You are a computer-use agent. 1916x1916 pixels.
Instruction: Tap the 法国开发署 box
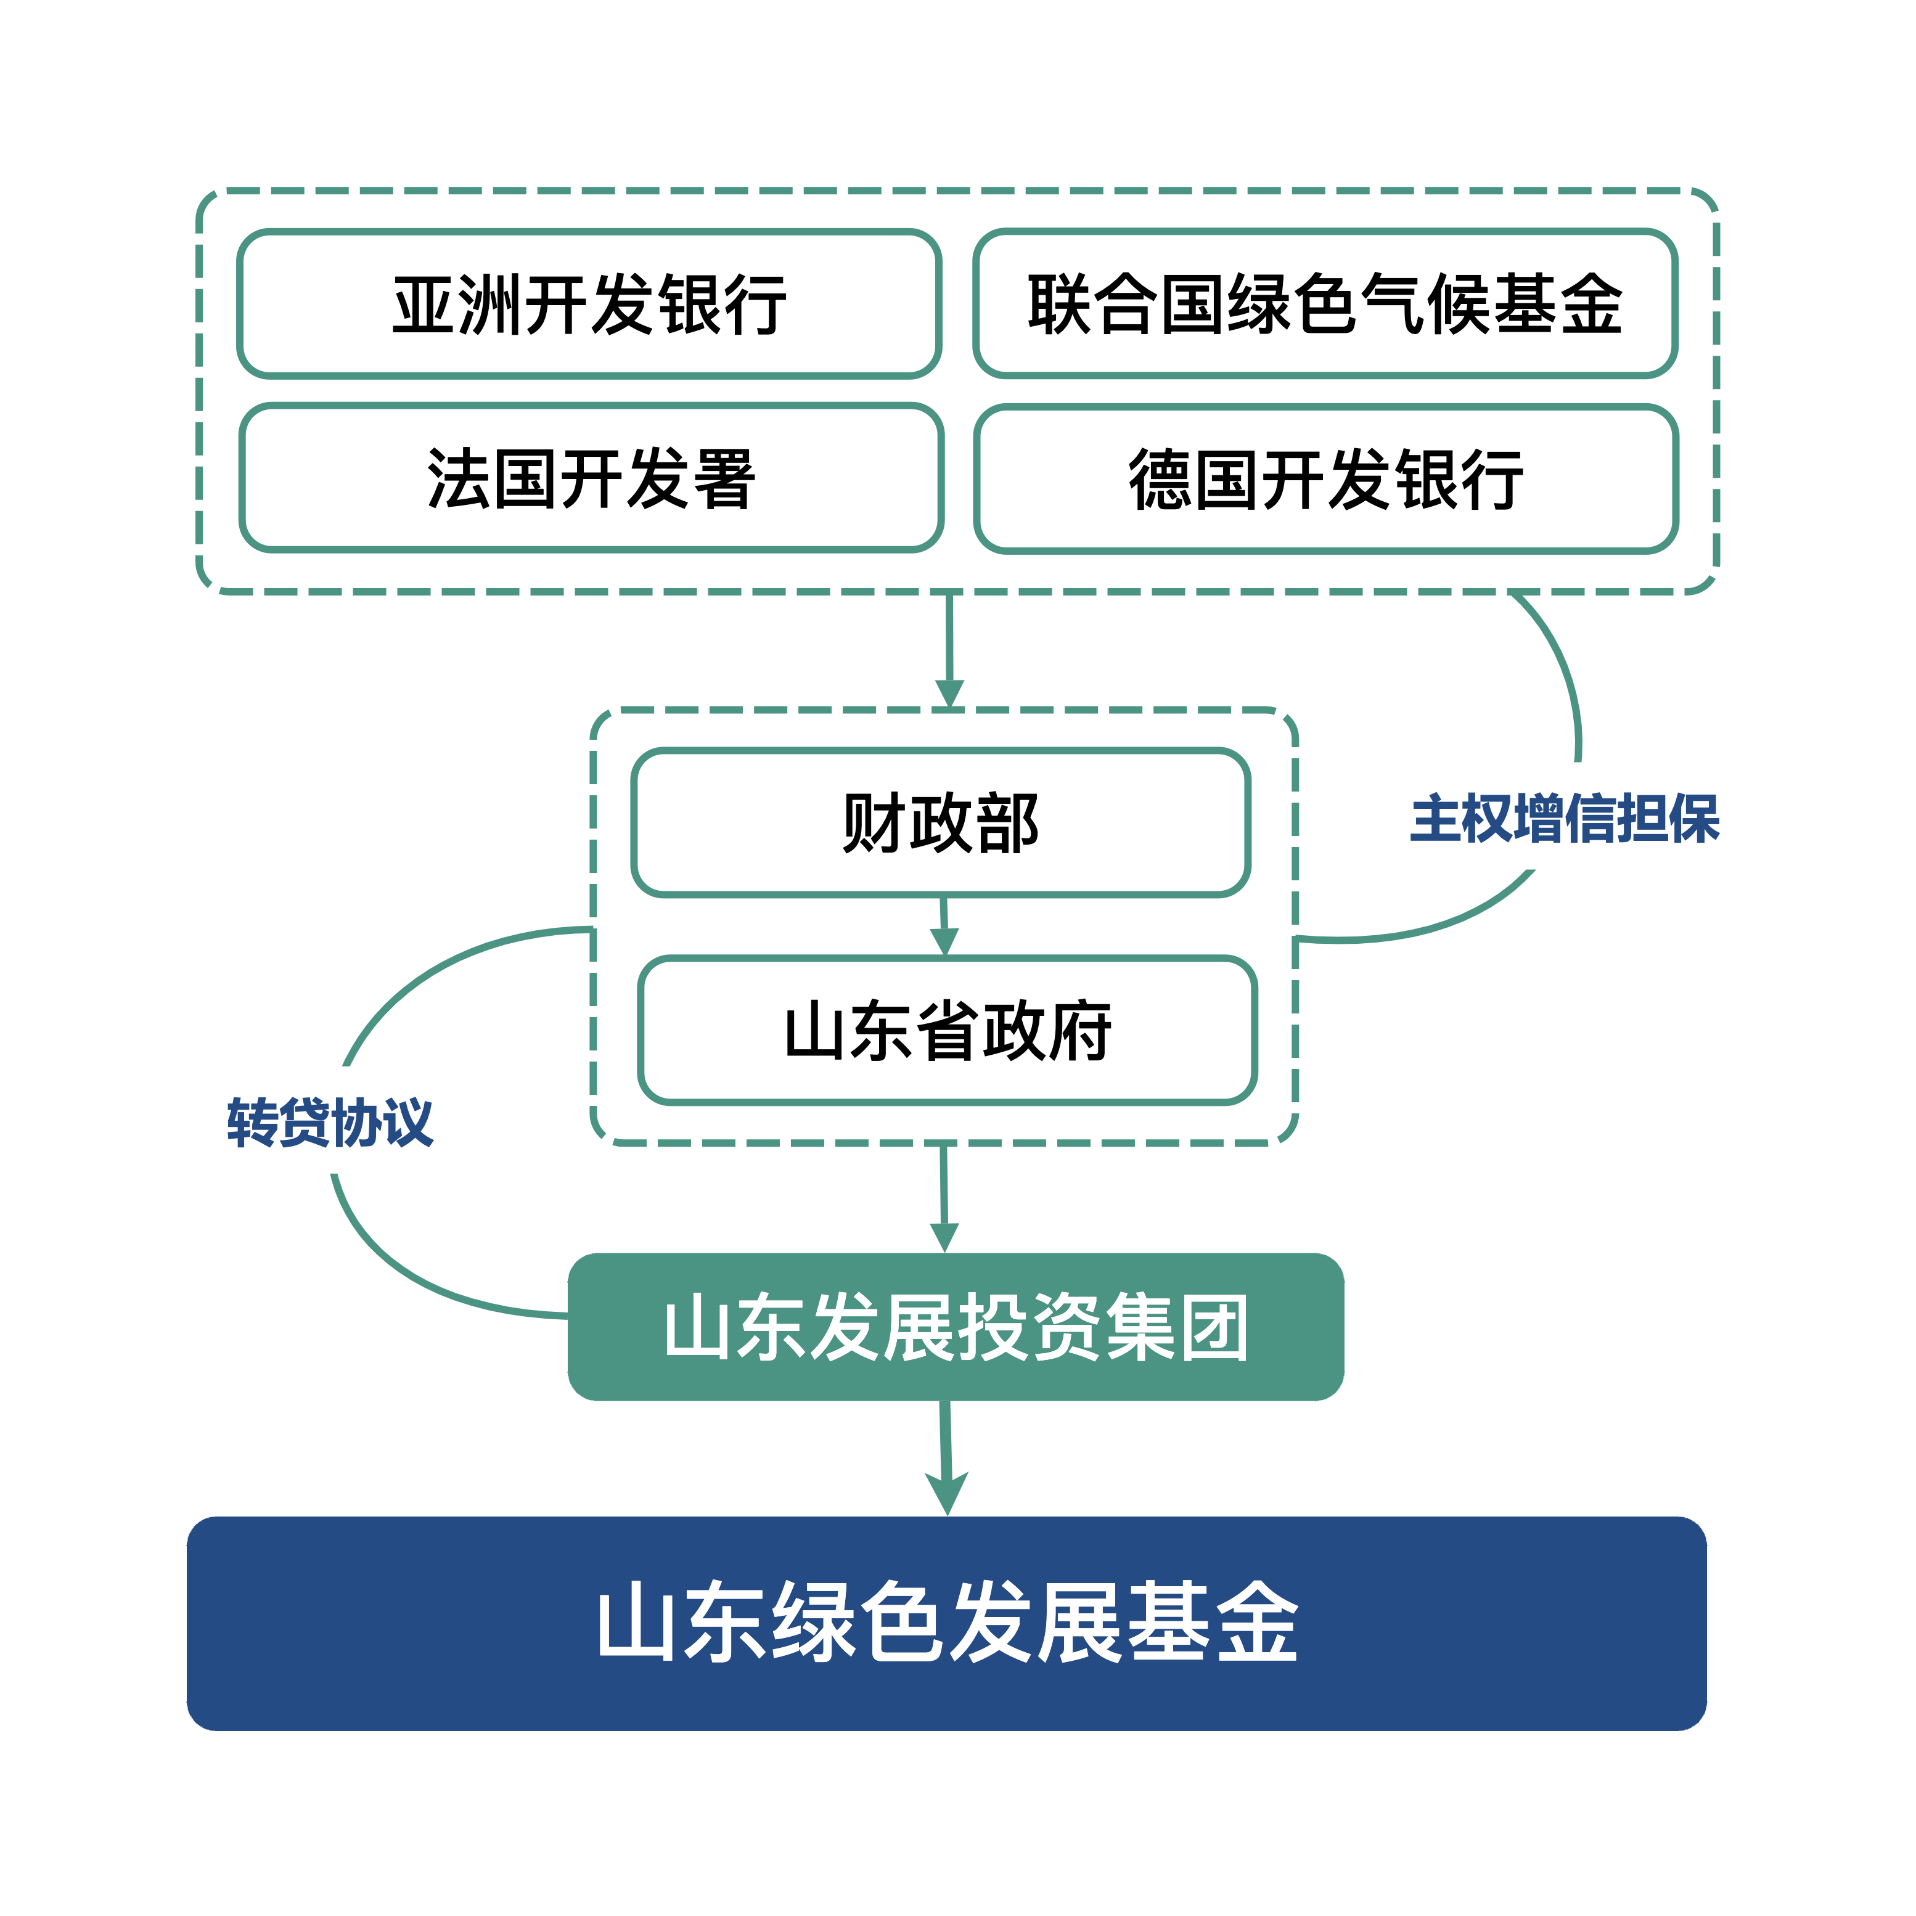[591, 478]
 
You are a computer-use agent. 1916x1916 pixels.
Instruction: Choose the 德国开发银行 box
[1326, 479]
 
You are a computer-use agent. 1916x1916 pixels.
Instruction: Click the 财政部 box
[940, 823]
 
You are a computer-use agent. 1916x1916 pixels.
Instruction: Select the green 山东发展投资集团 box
[955, 1327]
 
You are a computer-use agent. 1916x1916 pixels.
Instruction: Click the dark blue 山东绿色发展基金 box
[946, 1623]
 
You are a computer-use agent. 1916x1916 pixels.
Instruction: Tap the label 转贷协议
[329, 1123]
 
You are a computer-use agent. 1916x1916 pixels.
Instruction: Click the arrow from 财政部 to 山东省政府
[944, 927]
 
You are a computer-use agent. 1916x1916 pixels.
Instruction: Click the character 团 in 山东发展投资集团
[1214, 1327]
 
